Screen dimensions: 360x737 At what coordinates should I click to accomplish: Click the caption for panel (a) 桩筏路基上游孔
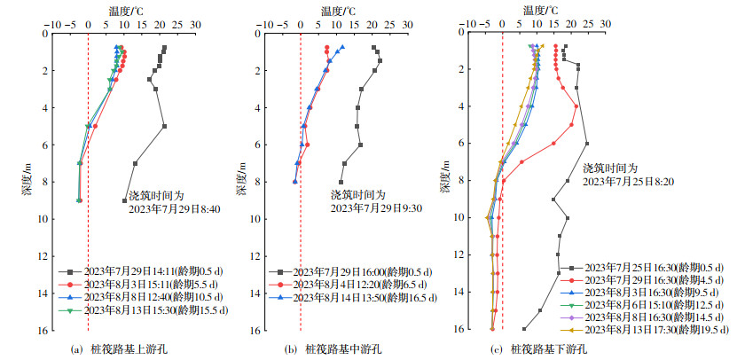[119, 349]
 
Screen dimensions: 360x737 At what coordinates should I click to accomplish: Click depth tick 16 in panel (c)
[459, 329]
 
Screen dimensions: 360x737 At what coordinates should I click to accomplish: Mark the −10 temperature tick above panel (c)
[468, 24]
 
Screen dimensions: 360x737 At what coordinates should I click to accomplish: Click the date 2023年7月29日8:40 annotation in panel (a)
[171, 209]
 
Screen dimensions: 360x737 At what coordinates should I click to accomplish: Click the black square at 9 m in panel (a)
[125, 201]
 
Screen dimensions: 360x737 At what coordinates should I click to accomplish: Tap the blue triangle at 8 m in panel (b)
[294, 182]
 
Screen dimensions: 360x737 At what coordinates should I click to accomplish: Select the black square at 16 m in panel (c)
[524, 329]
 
